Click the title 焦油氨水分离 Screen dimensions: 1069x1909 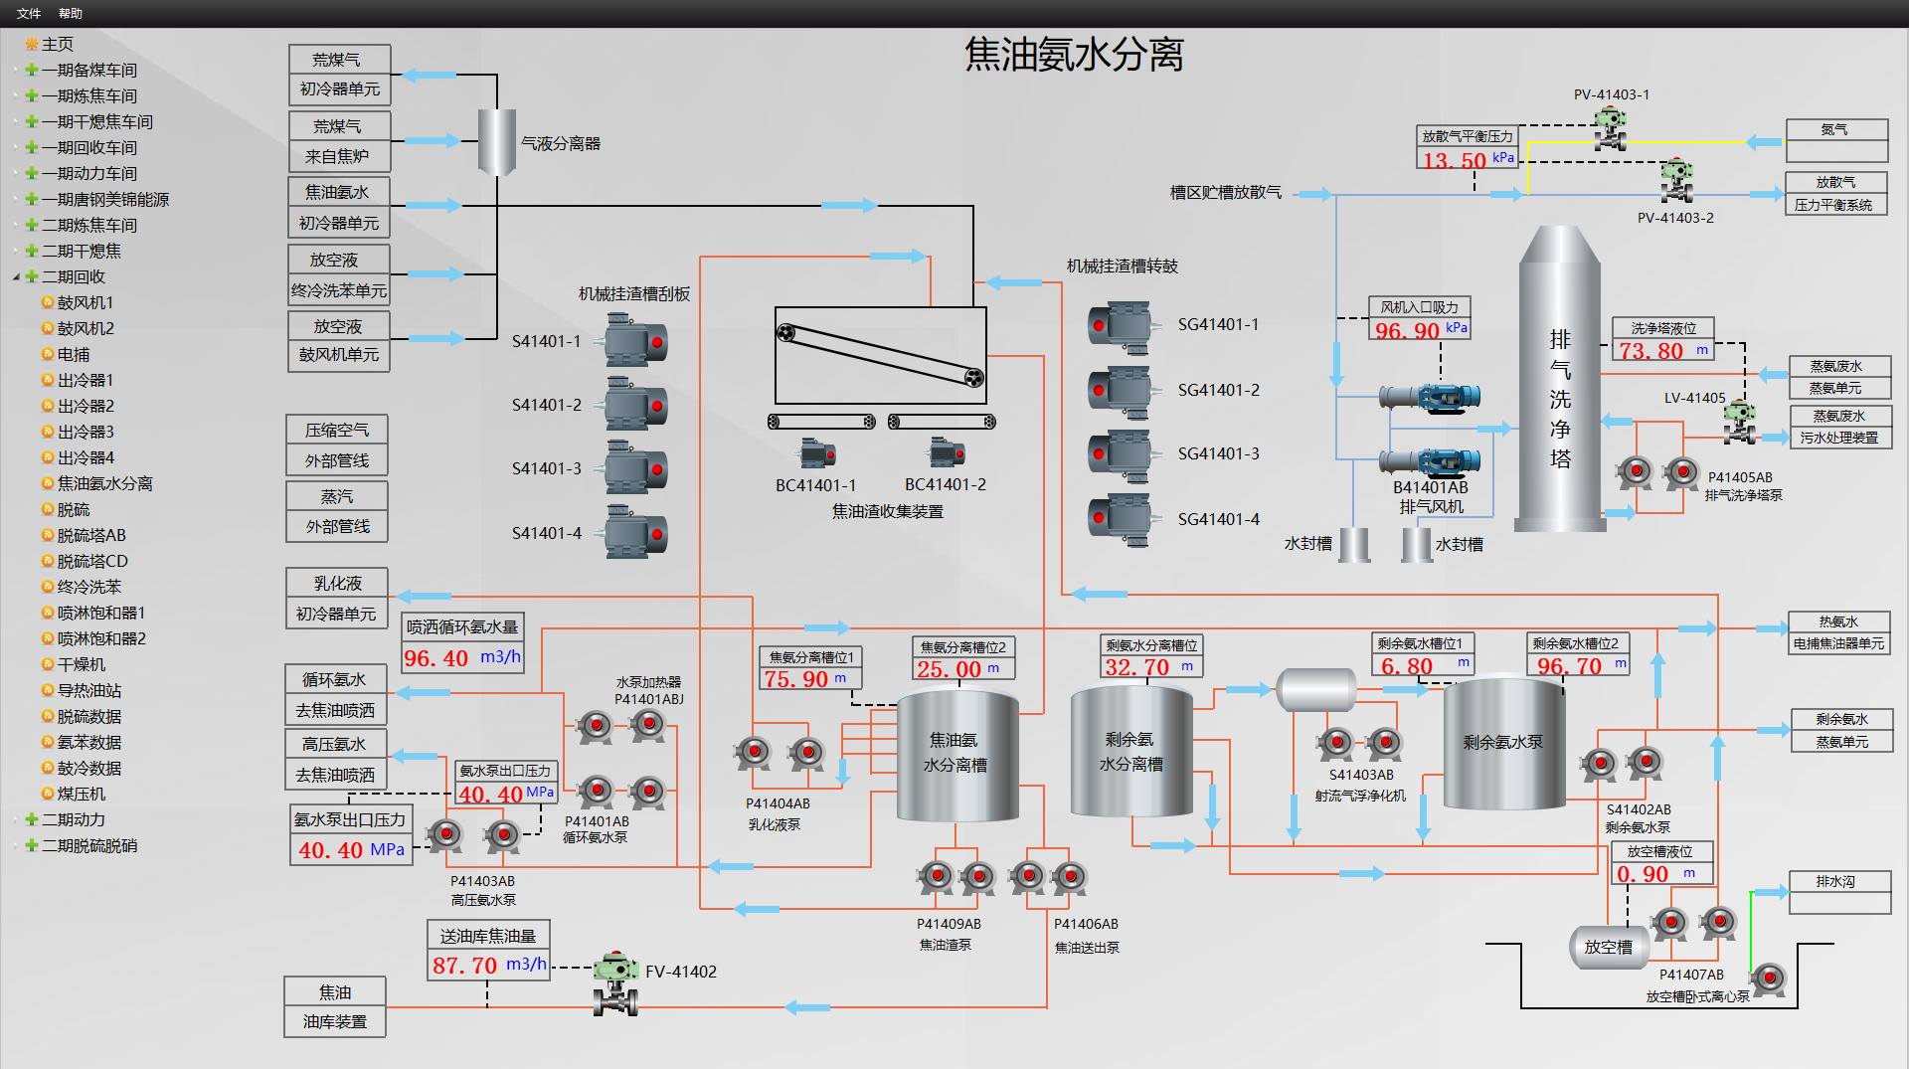(1074, 55)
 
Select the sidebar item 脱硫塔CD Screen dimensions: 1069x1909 (92, 561)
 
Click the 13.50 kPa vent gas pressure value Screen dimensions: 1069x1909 (1454, 160)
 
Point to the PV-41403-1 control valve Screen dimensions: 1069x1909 (1610, 129)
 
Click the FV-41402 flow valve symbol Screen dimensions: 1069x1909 (615, 982)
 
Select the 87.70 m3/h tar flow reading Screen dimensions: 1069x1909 (464, 966)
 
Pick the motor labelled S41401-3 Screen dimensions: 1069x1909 (636, 469)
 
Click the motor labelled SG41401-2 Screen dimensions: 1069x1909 (1122, 391)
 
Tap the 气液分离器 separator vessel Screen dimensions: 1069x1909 (496, 142)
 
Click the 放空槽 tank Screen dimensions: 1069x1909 (1608, 947)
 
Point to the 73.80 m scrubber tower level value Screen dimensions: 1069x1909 (1650, 351)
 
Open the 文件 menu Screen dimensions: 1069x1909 (29, 13)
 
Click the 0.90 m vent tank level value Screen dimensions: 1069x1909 (1643, 874)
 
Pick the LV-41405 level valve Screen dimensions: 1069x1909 (1739, 422)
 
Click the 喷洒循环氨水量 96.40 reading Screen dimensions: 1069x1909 (435, 658)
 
